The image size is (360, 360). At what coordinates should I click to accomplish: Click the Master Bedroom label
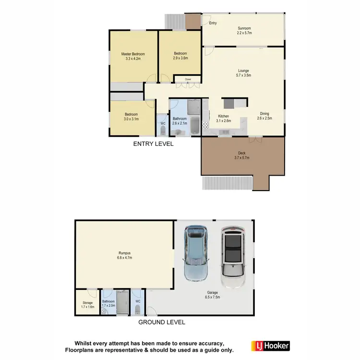click(x=132, y=54)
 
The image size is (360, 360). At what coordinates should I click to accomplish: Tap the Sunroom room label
click(x=244, y=28)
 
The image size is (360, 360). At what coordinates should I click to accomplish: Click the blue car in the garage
click(x=196, y=253)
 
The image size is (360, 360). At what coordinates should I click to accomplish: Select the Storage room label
click(x=87, y=303)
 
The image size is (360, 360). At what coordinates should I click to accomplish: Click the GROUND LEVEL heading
click(x=162, y=322)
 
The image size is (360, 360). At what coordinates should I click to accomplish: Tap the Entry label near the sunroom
click(x=213, y=23)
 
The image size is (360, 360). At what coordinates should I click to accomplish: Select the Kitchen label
click(x=224, y=116)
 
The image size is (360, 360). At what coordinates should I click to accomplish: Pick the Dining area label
click(x=264, y=113)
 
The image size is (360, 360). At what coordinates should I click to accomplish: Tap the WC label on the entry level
click(x=163, y=123)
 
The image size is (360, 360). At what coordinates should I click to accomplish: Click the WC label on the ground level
click(x=138, y=301)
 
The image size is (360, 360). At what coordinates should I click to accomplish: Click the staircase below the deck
click(x=226, y=183)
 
